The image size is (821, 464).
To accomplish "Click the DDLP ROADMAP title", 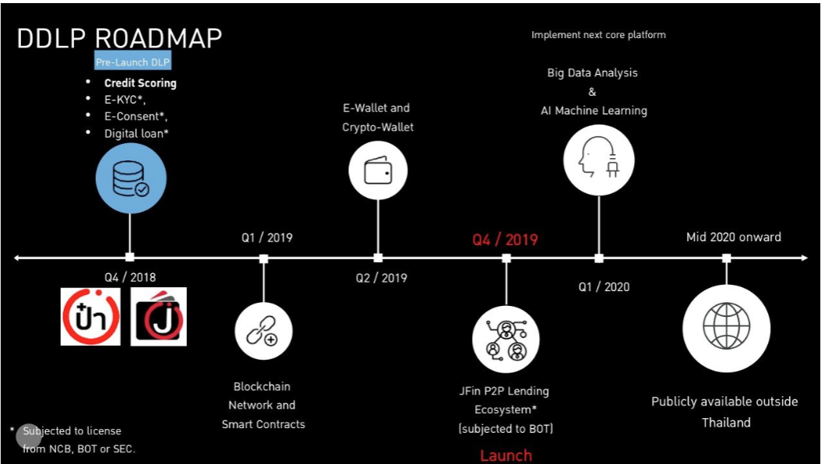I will pyautogui.click(x=119, y=38).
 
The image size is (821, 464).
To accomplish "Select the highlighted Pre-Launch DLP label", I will pyautogui.click(x=132, y=62).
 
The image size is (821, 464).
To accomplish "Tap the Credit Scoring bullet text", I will pyautogui.click(x=140, y=83).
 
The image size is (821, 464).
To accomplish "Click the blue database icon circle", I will pyautogui.click(x=130, y=179).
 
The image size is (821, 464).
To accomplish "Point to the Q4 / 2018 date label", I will pyautogui.click(x=130, y=277).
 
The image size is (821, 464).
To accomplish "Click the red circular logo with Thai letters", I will pyautogui.click(x=90, y=317).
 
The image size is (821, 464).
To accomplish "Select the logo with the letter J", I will pyautogui.click(x=158, y=317).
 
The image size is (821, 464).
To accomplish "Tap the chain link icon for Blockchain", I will pyautogui.click(x=263, y=331).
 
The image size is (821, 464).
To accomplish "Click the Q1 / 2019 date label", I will pyautogui.click(x=266, y=237).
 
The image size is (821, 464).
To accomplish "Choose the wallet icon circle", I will pyautogui.click(x=378, y=170).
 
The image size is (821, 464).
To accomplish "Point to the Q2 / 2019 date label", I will pyautogui.click(x=381, y=278).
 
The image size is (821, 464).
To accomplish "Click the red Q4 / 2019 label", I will pyautogui.click(x=505, y=239).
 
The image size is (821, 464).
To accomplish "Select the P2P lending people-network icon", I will pyautogui.click(x=506, y=340).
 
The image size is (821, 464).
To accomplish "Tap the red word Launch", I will pyautogui.click(x=506, y=455).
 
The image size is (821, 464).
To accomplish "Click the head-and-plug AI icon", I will pyautogui.click(x=598, y=159).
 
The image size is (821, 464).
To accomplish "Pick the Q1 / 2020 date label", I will pyautogui.click(x=604, y=287).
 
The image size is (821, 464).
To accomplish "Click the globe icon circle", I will pyautogui.click(x=726, y=327).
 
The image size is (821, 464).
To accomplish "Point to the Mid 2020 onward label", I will pyautogui.click(x=733, y=237).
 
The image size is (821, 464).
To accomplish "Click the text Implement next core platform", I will pyautogui.click(x=598, y=35).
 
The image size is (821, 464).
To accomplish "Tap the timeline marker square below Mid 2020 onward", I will pyautogui.click(x=726, y=258).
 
